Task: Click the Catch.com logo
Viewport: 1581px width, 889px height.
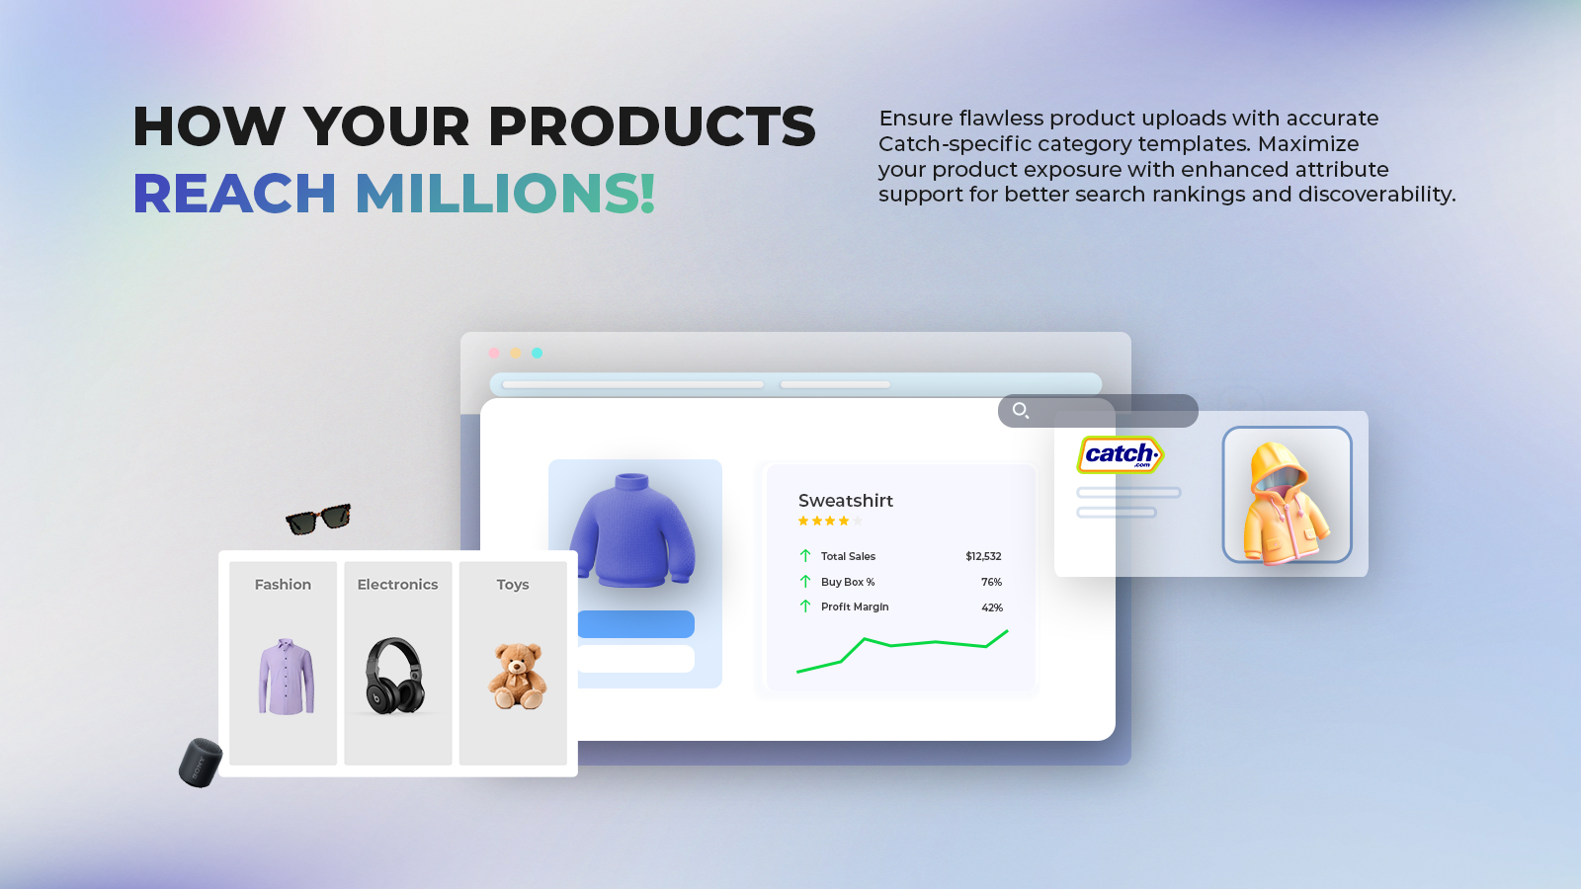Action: [1121, 454]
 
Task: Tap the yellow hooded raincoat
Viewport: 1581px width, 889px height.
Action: [1287, 503]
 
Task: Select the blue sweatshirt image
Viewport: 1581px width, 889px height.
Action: [632, 530]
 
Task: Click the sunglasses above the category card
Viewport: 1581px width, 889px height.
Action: [318, 519]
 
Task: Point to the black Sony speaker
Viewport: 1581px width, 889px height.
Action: [201, 762]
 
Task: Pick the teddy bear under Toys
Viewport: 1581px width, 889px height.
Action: [518, 676]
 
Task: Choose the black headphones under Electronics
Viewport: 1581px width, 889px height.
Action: [394, 676]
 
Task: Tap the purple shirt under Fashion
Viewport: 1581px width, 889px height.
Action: [286, 676]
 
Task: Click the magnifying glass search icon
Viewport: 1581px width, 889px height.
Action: [1021, 411]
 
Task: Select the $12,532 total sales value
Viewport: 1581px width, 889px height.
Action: [983, 557]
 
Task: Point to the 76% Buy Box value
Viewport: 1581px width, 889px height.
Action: [991, 582]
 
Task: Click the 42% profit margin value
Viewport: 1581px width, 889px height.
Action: [992, 607]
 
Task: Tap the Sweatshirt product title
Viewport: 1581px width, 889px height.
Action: [846, 501]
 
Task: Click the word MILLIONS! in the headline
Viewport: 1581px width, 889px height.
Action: [505, 194]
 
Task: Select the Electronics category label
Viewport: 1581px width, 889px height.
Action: [397, 584]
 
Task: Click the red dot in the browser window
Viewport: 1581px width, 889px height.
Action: [494, 353]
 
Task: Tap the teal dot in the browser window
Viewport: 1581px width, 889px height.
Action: [538, 353]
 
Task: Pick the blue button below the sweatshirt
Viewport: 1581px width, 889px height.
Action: [636, 624]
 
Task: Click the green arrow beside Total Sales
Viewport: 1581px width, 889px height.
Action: [805, 556]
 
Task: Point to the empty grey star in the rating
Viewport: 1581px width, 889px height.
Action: [857, 522]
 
